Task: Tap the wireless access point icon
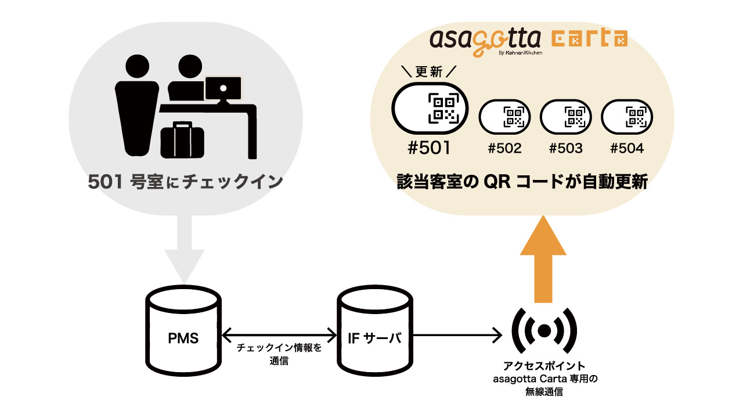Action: pyautogui.click(x=544, y=330)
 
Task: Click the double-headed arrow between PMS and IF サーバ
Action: pyautogui.click(x=279, y=335)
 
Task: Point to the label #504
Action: pyautogui.click(x=627, y=149)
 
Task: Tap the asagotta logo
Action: pyautogui.click(x=485, y=41)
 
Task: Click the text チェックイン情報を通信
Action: pyautogui.click(x=279, y=354)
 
